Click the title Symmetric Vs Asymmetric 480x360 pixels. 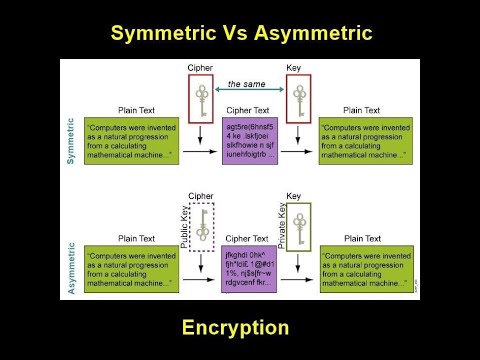pos(240,33)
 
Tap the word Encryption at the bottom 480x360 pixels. pos(236,327)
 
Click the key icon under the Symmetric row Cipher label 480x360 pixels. pos(202,99)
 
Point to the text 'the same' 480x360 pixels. pos(247,84)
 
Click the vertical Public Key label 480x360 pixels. pos(185,225)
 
